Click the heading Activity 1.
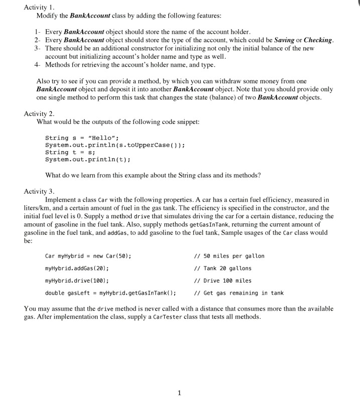39,8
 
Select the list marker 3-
37,48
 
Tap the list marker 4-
37,65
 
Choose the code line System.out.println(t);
88,160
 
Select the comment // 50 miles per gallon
228,256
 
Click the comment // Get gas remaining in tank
238,293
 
